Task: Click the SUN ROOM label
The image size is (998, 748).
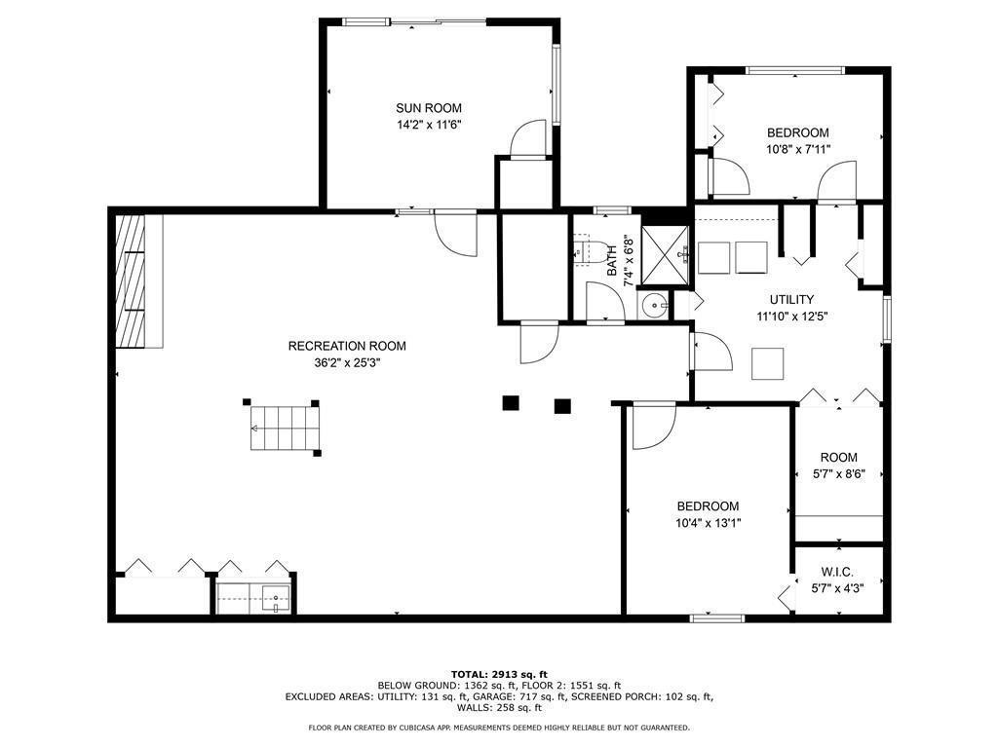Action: point(429,108)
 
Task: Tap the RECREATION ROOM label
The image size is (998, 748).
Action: point(347,346)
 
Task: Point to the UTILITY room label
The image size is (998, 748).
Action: point(791,300)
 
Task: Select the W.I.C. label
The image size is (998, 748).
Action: point(837,573)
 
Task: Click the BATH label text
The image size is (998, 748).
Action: point(612,260)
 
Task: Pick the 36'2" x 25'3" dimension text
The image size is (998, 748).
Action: point(347,363)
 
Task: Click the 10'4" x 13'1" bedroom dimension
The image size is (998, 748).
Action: point(708,523)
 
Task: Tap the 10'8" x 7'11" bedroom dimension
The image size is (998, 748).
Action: point(797,149)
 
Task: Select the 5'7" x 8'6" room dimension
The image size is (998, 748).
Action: point(838,474)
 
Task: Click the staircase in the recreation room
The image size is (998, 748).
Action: point(284,429)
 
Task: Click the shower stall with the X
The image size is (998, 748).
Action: point(665,255)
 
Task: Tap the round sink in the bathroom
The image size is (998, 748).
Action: point(654,307)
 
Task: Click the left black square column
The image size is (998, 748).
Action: point(511,402)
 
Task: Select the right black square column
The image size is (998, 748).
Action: point(562,406)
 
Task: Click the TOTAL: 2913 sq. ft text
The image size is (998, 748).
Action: point(499,674)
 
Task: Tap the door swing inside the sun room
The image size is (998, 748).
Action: point(529,137)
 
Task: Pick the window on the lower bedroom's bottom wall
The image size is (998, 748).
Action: point(717,617)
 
